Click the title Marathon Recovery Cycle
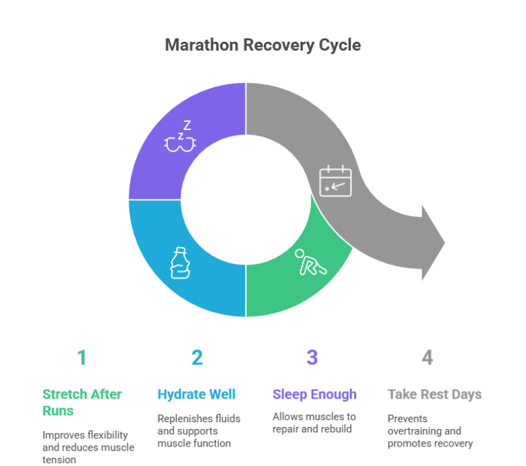263,45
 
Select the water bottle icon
179,263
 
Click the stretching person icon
311,263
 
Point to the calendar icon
336,180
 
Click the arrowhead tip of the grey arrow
445,241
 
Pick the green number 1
82,357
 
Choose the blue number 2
197,357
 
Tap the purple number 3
312,357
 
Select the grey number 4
427,357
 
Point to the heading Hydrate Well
196,395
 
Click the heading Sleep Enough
314,395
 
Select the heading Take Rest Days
434,395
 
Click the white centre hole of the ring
245,199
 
